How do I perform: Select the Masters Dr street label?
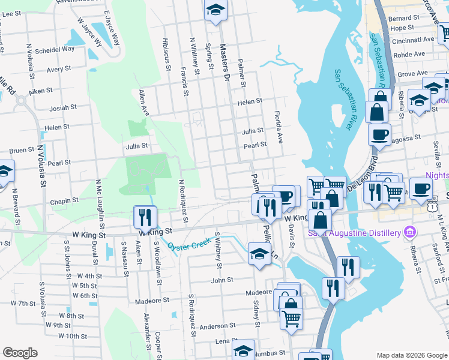224,62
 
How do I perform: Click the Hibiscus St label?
165,52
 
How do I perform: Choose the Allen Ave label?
143,103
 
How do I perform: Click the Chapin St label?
64,201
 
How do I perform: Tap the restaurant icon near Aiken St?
145,216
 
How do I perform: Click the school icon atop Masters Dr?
215,10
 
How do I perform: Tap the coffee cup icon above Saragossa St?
379,133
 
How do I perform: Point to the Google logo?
20,353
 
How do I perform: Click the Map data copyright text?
411,355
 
